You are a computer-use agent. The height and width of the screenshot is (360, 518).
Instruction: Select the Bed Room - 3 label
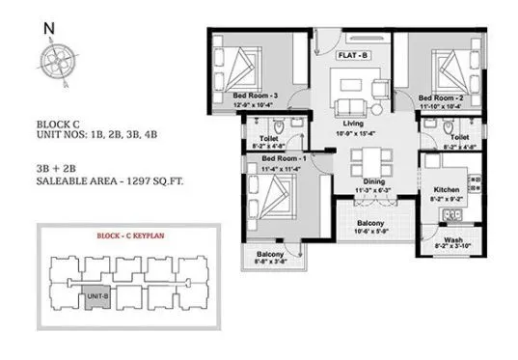(x=256, y=97)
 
